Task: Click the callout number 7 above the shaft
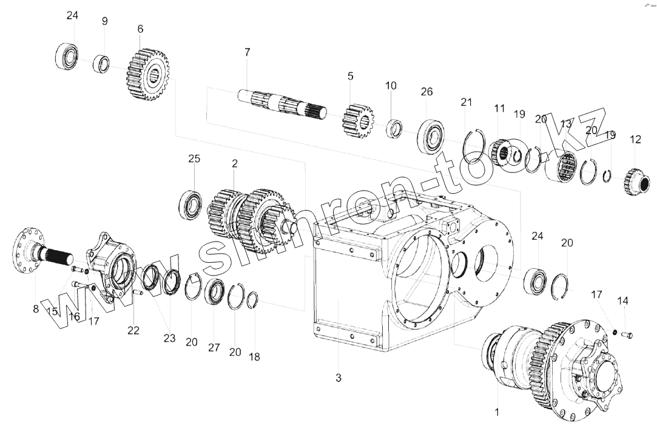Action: [247, 52]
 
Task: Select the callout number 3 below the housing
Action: [339, 378]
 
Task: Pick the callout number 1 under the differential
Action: [497, 413]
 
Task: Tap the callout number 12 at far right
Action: [635, 140]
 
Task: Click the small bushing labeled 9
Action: [101, 63]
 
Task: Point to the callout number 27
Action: [214, 348]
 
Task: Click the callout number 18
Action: [254, 357]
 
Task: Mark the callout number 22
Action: [133, 330]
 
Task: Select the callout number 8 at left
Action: [36, 309]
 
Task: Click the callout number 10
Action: [391, 86]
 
